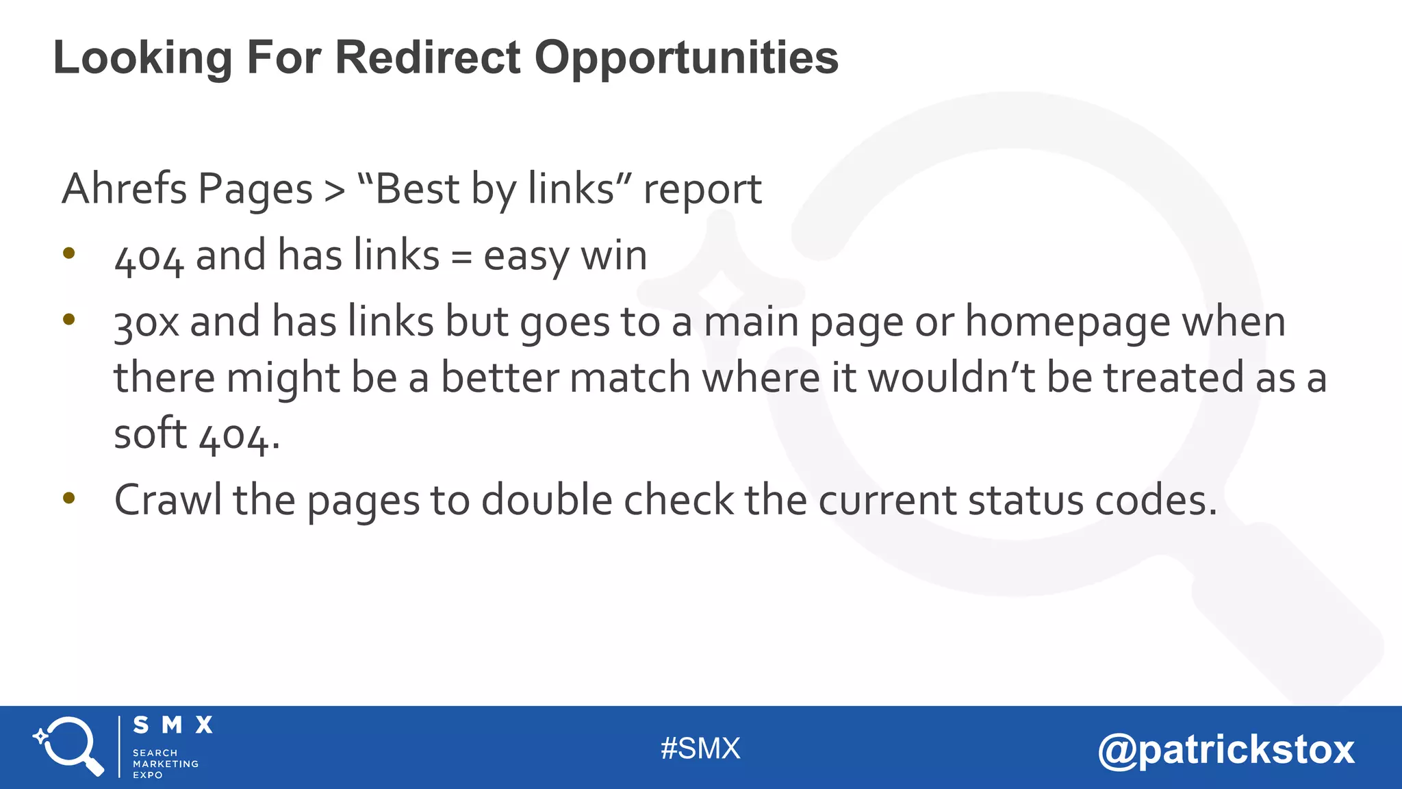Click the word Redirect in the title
point(427,58)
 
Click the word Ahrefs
point(124,189)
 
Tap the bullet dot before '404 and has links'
point(68,253)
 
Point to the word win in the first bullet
point(613,256)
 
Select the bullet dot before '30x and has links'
point(68,319)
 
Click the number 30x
point(146,323)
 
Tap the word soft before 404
point(150,434)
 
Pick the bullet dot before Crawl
point(68,498)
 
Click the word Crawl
point(168,500)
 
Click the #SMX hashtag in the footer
point(700,749)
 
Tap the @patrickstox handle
point(1225,750)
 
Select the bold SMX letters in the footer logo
point(173,725)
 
